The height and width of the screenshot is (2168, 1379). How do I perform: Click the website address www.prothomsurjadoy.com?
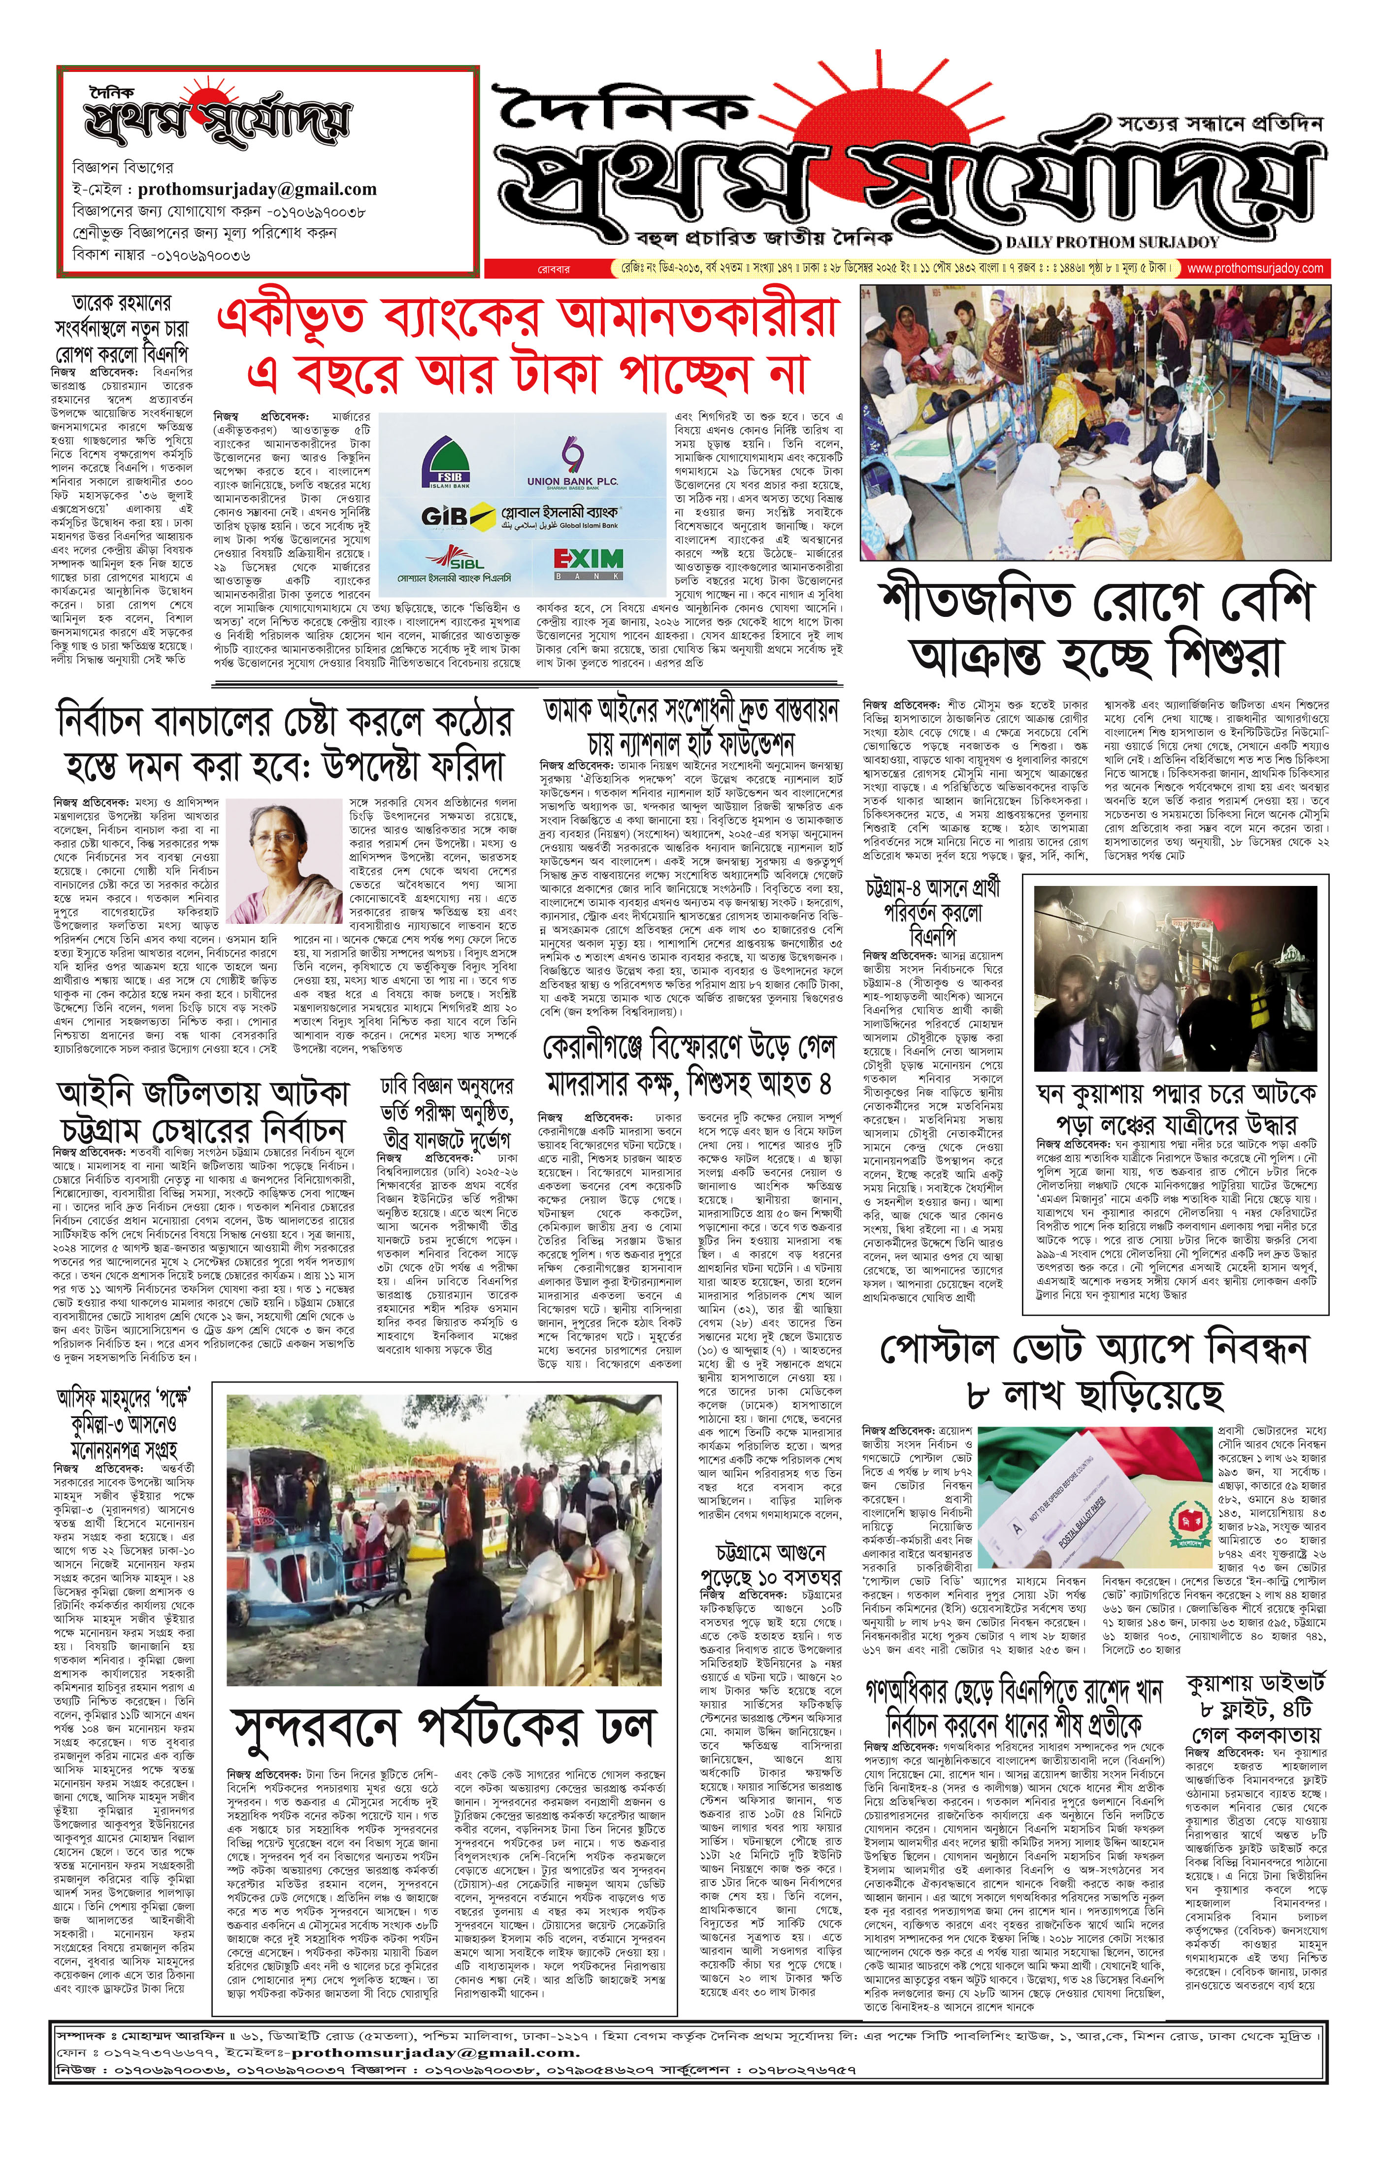(x=1256, y=269)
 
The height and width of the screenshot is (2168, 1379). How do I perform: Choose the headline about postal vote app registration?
(x=1094, y=1374)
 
